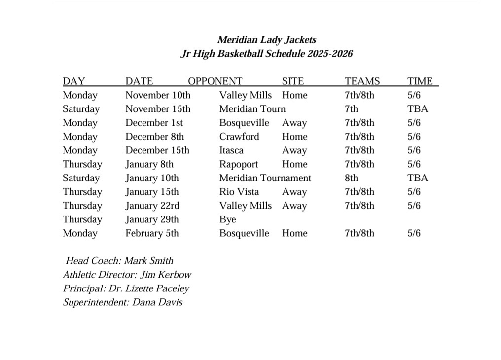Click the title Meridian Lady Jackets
point(267,40)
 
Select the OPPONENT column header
point(215,81)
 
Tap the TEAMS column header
point(362,81)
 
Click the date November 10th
point(157,95)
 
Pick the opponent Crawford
point(239,137)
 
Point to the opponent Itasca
point(231,150)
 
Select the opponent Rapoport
point(239,164)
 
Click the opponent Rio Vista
point(239,192)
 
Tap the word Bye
point(227,219)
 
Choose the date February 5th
point(152,233)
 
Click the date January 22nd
point(152,206)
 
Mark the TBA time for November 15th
point(417,109)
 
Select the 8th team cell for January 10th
point(352,178)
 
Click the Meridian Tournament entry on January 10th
point(265,178)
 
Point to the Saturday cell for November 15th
point(81,109)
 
